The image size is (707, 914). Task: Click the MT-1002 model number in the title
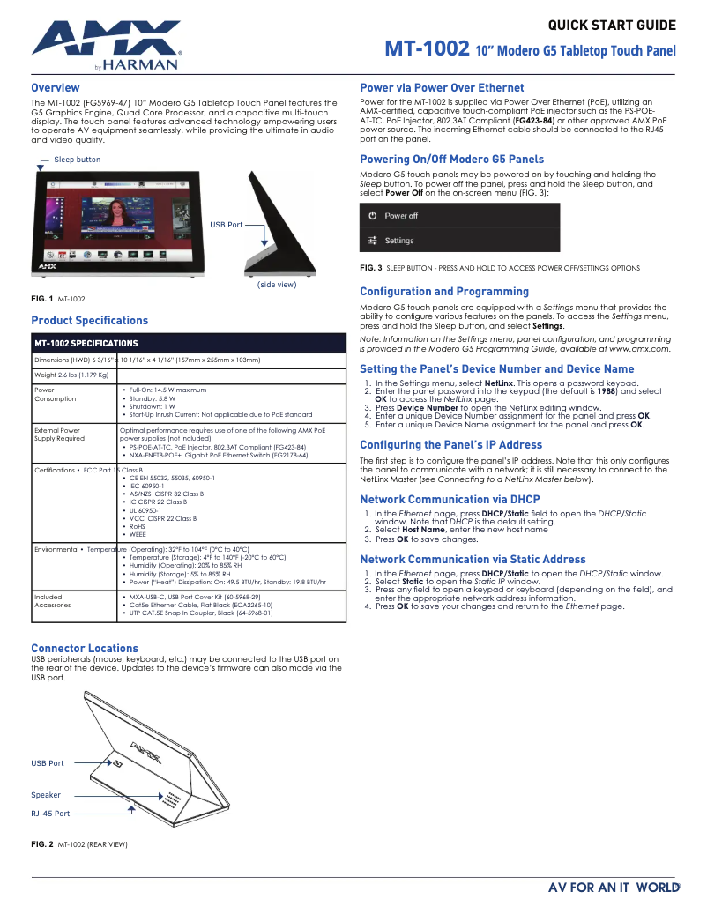click(x=427, y=49)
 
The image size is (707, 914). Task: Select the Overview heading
click(x=56, y=88)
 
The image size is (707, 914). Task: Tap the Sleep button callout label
click(x=78, y=160)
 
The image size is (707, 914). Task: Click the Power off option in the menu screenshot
click(x=401, y=216)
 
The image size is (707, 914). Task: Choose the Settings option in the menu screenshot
click(x=398, y=241)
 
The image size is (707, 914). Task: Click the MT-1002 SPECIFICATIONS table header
click(x=86, y=343)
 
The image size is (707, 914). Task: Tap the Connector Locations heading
click(x=85, y=648)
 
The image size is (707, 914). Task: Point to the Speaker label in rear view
click(x=46, y=795)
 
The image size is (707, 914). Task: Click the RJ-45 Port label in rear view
click(x=50, y=814)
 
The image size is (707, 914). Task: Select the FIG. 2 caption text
click(x=79, y=844)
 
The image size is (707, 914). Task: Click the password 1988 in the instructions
click(x=607, y=391)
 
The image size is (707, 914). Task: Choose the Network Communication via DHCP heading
click(x=450, y=499)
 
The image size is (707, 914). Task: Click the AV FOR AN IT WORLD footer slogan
click(x=614, y=888)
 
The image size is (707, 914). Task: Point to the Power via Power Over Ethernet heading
click(x=442, y=88)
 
